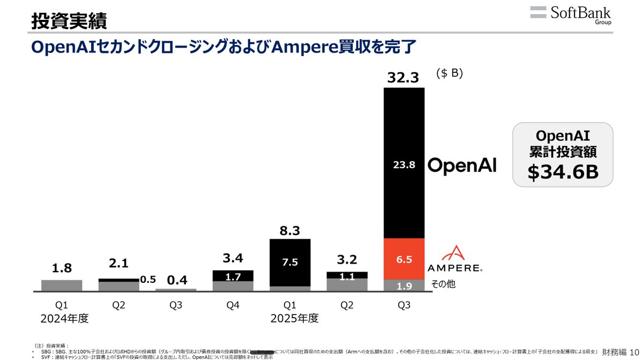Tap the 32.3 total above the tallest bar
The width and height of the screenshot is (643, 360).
coord(404,78)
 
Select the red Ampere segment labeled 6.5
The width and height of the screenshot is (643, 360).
coord(404,259)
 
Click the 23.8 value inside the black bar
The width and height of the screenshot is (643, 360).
coord(404,166)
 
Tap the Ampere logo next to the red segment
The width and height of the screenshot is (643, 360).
coord(455,259)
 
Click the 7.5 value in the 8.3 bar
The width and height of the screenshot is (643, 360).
coord(289,262)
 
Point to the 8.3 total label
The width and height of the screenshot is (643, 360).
coord(289,230)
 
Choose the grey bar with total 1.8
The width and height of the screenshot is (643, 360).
coord(62,286)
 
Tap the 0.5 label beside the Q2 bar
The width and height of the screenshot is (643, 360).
coord(147,280)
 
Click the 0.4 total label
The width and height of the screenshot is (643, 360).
coord(176,280)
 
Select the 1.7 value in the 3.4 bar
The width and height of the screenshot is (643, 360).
coord(233,276)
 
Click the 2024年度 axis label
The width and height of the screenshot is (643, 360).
coord(64,319)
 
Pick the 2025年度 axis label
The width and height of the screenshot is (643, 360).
coord(294,319)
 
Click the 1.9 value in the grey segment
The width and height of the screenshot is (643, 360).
coord(404,286)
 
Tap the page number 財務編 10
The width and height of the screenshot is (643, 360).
coord(620,352)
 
